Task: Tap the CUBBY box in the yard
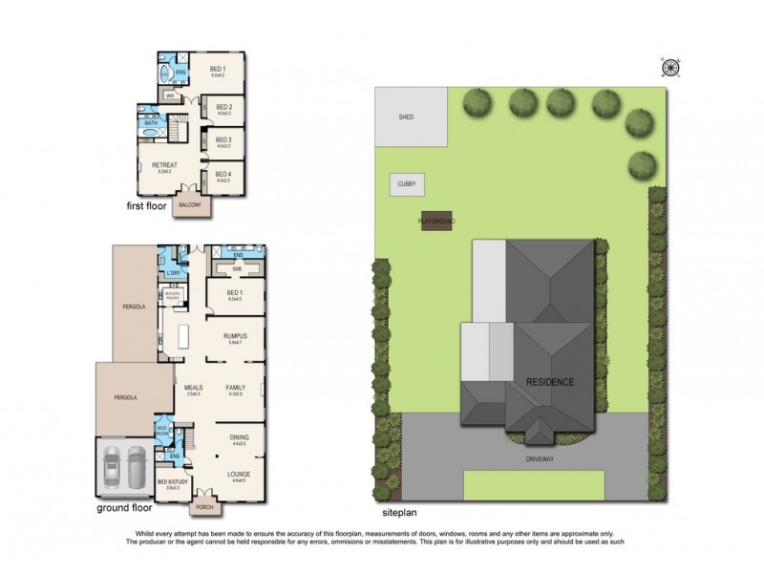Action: (x=405, y=185)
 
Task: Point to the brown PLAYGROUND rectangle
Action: (x=435, y=222)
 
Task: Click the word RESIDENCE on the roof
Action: (x=550, y=382)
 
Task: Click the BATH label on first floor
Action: (x=151, y=123)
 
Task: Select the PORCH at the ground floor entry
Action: (x=204, y=507)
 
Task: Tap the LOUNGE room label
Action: (x=239, y=473)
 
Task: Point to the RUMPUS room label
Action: (x=235, y=336)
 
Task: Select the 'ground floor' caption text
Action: (x=123, y=509)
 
